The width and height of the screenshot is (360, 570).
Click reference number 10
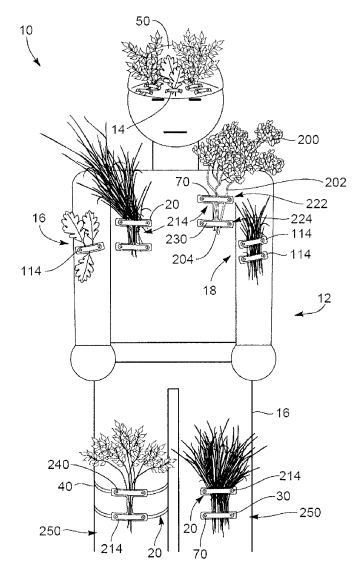(26, 30)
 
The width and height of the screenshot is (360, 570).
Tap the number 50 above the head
(143, 21)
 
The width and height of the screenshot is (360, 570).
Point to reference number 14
(118, 129)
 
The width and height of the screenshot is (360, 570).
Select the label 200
(308, 140)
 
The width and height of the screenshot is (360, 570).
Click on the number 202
(336, 182)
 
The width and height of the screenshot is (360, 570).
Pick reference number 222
(316, 204)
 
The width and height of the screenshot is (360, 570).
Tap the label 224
(301, 218)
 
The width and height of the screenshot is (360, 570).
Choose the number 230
(176, 239)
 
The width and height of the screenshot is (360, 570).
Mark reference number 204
(183, 260)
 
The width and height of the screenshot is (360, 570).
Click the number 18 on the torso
(210, 290)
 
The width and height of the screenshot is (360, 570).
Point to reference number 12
(325, 298)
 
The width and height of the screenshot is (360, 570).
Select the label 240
(58, 464)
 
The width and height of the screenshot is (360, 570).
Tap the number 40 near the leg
(65, 486)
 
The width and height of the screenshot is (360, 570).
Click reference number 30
(283, 496)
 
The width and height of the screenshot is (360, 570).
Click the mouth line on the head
(175, 132)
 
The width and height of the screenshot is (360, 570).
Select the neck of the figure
(176, 157)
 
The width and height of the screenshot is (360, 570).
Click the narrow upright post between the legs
(173, 470)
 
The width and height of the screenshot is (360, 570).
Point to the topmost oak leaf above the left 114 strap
(72, 226)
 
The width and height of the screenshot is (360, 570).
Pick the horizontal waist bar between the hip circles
(173, 352)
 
